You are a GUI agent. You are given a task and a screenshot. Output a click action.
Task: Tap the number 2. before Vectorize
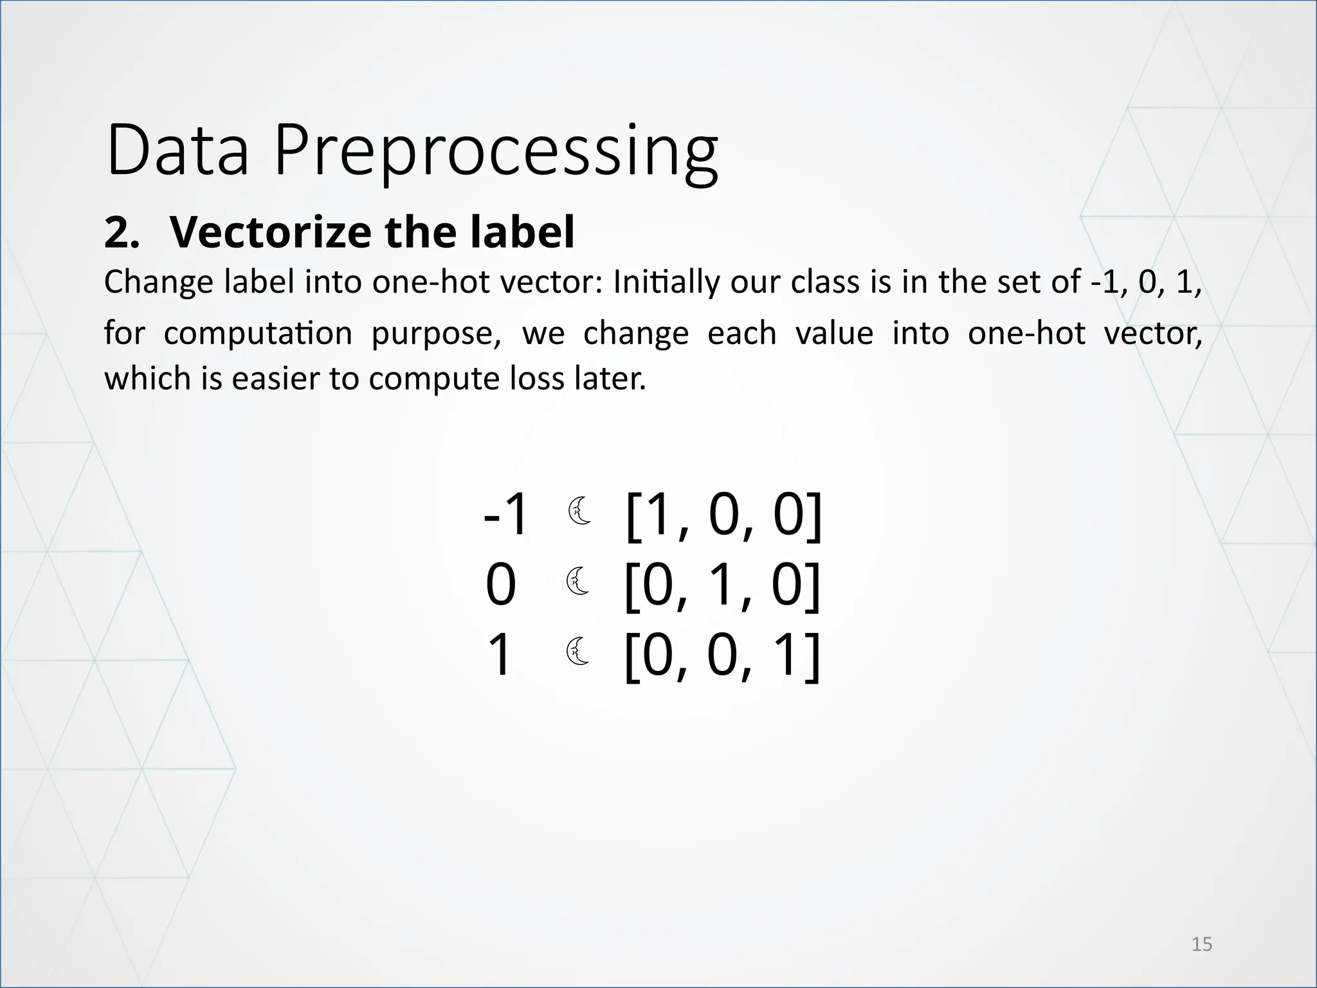(122, 233)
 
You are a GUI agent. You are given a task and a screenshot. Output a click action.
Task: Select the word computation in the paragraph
(258, 333)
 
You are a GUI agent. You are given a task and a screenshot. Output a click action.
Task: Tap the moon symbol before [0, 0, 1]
(579, 651)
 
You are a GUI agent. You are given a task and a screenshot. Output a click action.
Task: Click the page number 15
(1201, 944)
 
